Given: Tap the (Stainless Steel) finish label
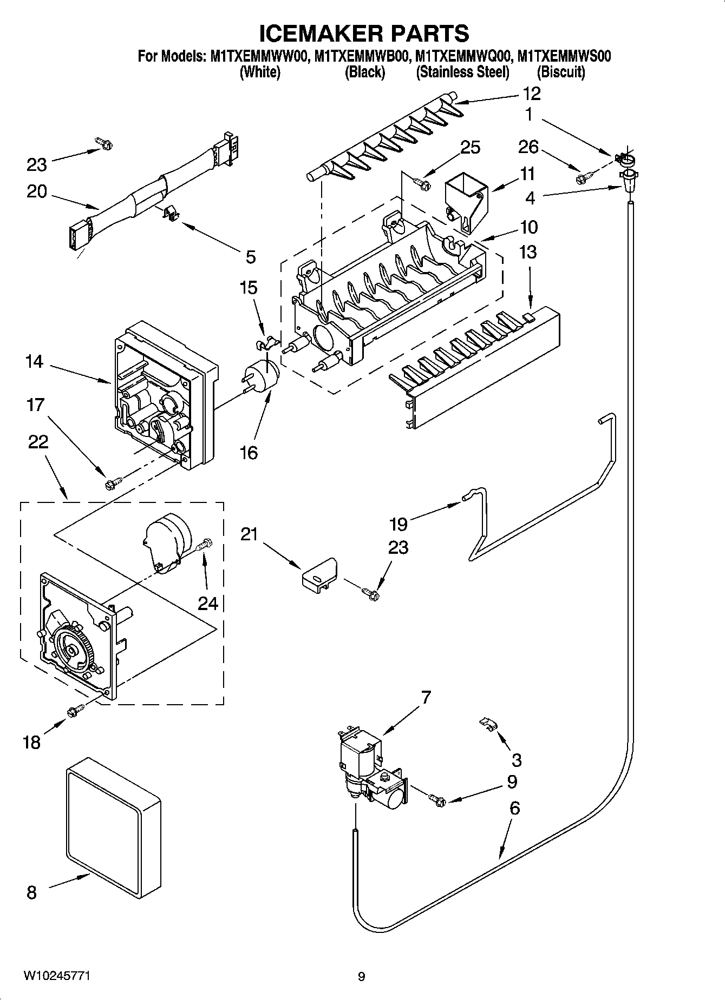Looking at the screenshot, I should click(462, 72).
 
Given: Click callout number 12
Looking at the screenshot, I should click(531, 94).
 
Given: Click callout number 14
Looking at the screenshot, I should click(34, 361).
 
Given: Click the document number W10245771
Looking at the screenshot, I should click(56, 976).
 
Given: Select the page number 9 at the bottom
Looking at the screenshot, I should click(361, 977).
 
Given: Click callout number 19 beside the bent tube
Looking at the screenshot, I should click(399, 524).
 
